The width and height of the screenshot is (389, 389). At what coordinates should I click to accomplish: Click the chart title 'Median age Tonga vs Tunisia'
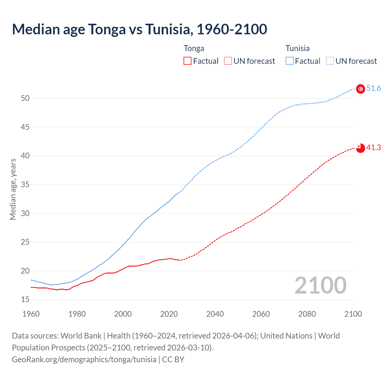click(139, 29)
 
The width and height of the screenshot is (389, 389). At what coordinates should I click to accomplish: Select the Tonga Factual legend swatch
click(188, 61)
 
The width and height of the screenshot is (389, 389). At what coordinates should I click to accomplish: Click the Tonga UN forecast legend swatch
click(228, 61)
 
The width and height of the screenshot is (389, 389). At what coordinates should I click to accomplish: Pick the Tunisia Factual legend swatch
click(290, 61)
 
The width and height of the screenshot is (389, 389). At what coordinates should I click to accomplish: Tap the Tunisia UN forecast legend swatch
click(330, 61)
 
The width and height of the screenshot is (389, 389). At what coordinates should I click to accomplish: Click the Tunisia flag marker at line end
click(360, 89)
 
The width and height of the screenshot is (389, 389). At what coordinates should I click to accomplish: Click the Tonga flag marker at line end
click(360, 148)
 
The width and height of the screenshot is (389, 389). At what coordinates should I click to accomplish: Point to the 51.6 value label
click(374, 88)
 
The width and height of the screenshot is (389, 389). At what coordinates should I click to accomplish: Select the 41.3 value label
click(374, 148)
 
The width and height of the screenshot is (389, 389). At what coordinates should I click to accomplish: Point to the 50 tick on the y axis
click(25, 98)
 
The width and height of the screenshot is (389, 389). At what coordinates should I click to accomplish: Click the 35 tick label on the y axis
click(25, 184)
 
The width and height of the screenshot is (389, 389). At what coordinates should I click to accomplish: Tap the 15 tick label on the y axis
click(25, 300)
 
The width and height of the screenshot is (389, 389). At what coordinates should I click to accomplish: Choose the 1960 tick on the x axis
click(31, 314)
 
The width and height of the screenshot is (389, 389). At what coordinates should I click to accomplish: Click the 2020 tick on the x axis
click(169, 314)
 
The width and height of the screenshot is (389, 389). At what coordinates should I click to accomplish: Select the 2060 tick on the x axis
click(261, 314)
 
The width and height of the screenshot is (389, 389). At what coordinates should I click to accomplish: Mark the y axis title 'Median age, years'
click(13, 189)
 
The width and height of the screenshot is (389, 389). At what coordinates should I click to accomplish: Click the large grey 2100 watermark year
click(320, 285)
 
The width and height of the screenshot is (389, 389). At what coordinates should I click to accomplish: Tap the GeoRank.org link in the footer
click(84, 359)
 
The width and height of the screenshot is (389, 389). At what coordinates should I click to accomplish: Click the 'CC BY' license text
click(173, 359)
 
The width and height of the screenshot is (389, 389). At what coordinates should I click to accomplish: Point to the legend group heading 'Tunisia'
click(298, 48)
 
